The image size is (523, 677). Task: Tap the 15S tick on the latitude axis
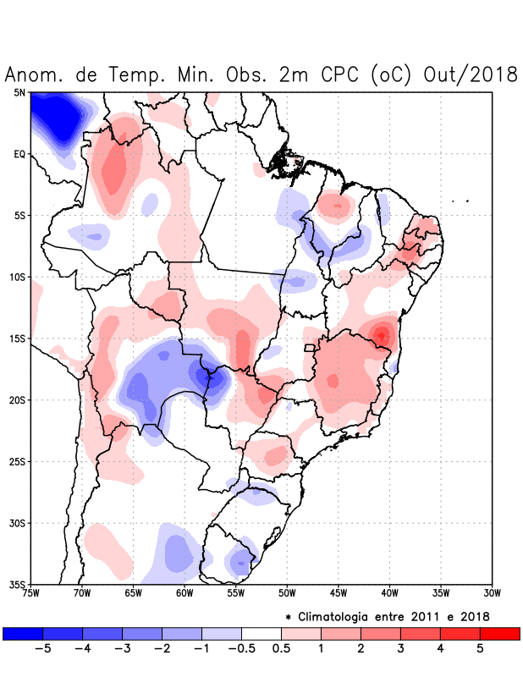(17, 338)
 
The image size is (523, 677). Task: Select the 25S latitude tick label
(17, 461)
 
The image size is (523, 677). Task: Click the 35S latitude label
(17, 584)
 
